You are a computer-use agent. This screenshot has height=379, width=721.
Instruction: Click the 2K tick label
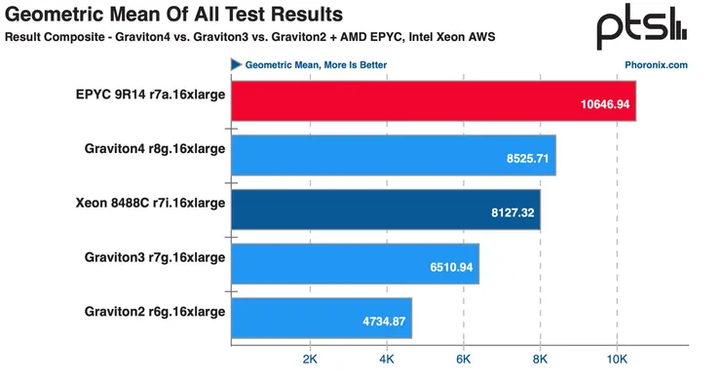click(x=311, y=360)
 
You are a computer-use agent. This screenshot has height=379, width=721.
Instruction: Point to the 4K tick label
click(x=387, y=360)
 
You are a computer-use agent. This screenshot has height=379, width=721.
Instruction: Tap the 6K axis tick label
click(x=464, y=360)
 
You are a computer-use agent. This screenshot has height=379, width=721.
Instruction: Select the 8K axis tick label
click(x=540, y=360)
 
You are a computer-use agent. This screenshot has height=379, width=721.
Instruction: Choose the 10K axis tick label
click(x=616, y=360)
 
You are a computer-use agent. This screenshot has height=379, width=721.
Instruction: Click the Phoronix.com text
click(x=656, y=65)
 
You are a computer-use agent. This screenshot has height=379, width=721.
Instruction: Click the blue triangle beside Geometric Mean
click(x=236, y=65)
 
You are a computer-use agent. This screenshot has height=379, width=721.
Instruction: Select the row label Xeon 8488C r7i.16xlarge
click(x=150, y=203)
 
